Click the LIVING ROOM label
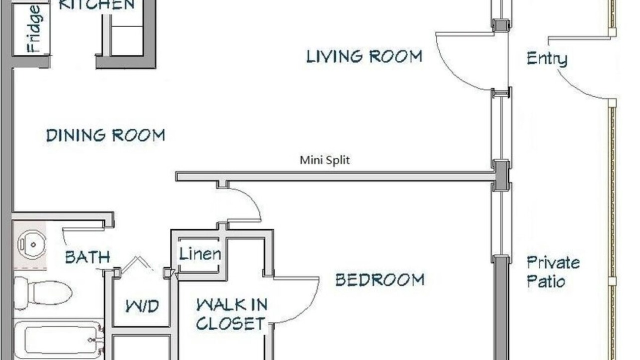(x=364, y=56)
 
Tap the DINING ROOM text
(x=105, y=135)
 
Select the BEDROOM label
(x=379, y=279)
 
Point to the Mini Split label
(x=324, y=160)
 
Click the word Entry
(x=547, y=58)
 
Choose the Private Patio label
(x=553, y=271)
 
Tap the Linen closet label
(x=200, y=253)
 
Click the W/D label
(x=142, y=306)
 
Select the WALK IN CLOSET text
(x=231, y=314)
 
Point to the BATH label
(x=87, y=257)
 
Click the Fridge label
(x=34, y=28)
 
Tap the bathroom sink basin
(x=31, y=245)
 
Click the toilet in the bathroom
(x=43, y=293)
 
